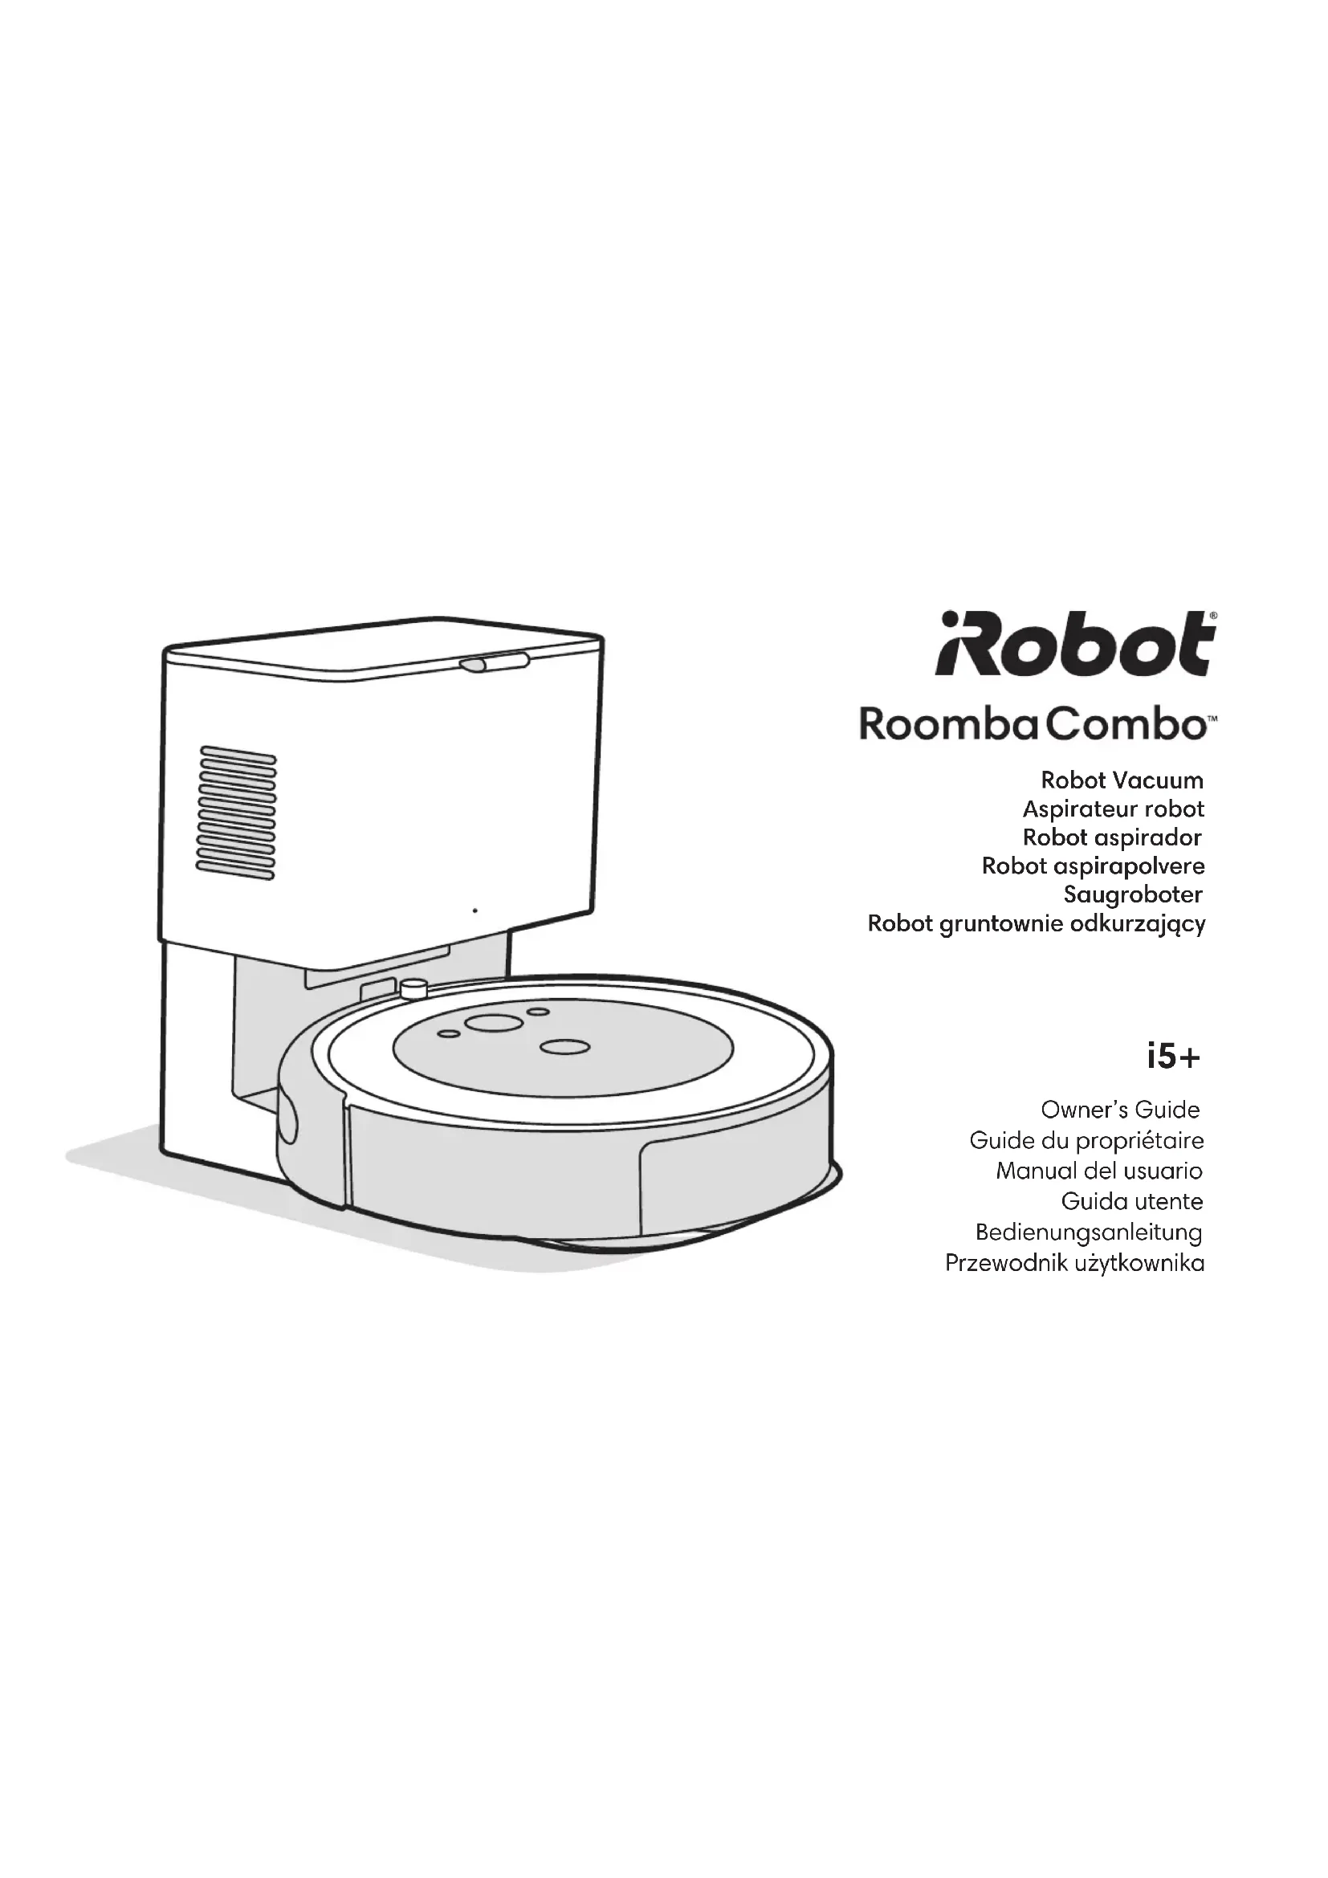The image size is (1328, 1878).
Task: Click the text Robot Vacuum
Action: click(1121, 780)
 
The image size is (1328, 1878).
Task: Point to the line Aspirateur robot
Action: click(1113, 809)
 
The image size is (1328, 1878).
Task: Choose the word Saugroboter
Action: click(1133, 894)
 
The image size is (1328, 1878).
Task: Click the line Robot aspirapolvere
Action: click(1093, 866)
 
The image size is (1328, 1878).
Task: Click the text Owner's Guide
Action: click(1119, 1110)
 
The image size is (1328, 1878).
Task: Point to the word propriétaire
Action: click(1139, 1140)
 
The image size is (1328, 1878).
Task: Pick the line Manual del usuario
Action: click(1098, 1171)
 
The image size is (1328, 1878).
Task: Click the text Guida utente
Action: click(1132, 1202)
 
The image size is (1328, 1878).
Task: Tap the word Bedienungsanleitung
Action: click(1089, 1232)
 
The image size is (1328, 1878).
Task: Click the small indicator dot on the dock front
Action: click(475, 910)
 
